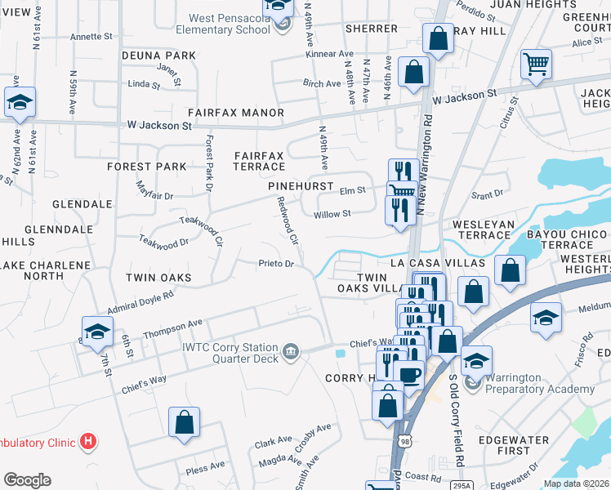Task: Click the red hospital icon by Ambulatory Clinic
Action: point(88,443)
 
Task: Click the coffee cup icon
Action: point(408,374)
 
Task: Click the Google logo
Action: point(27,480)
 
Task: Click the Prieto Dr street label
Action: point(275,264)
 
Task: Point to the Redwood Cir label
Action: point(287,220)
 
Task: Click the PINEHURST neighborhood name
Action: point(301,186)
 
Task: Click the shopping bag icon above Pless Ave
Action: point(185,423)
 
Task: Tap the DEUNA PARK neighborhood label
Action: point(158,56)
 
